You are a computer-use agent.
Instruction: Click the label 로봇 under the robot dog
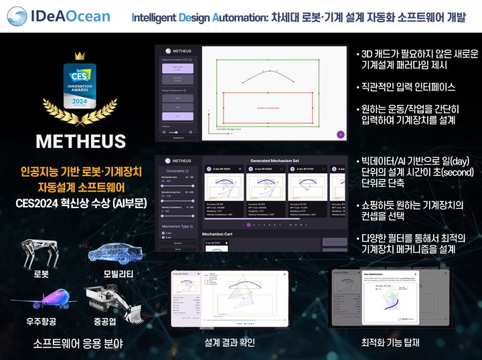[42, 274]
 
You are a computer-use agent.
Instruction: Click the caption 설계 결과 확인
[228, 343]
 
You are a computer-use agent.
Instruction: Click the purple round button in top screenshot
[340, 134]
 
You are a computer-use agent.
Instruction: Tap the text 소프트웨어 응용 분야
[82, 344]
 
